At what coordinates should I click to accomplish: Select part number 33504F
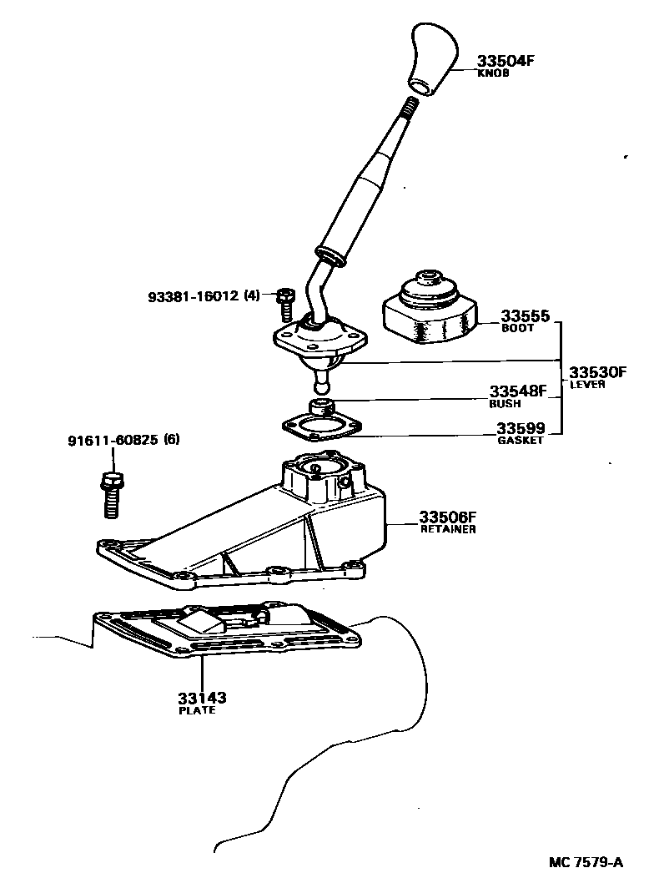pos(505,61)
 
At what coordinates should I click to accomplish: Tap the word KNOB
pos(492,73)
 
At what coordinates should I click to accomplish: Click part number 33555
pos(525,316)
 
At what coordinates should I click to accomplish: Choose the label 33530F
pos(597,372)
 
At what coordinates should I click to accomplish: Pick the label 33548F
pos(517,391)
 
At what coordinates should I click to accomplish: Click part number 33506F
pos(447,517)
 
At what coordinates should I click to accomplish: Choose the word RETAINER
pos(448,530)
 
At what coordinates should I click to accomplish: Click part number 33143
pos(202,698)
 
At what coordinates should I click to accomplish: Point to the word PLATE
pos(197,710)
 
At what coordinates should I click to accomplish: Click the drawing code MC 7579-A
pos(585,859)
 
